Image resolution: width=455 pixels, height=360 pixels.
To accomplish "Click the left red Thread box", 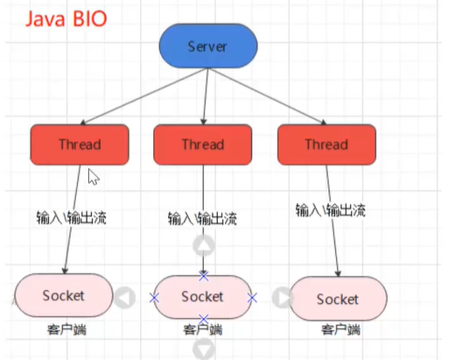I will [80, 144].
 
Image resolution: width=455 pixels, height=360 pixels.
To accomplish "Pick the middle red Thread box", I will [203, 145].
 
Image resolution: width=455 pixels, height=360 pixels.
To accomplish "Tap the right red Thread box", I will [326, 145].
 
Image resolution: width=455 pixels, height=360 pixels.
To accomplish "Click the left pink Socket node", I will [64, 295].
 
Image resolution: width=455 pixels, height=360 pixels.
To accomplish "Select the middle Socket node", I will [203, 297].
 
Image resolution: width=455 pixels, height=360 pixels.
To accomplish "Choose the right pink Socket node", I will [338, 299].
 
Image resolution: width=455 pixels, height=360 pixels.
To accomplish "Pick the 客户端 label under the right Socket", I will [340, 330].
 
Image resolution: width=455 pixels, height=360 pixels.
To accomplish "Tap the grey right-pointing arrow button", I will [280, 297].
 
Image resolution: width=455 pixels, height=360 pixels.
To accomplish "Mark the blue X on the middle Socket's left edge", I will [155, 298].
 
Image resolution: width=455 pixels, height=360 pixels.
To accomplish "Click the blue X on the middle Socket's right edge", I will [252, 298].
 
